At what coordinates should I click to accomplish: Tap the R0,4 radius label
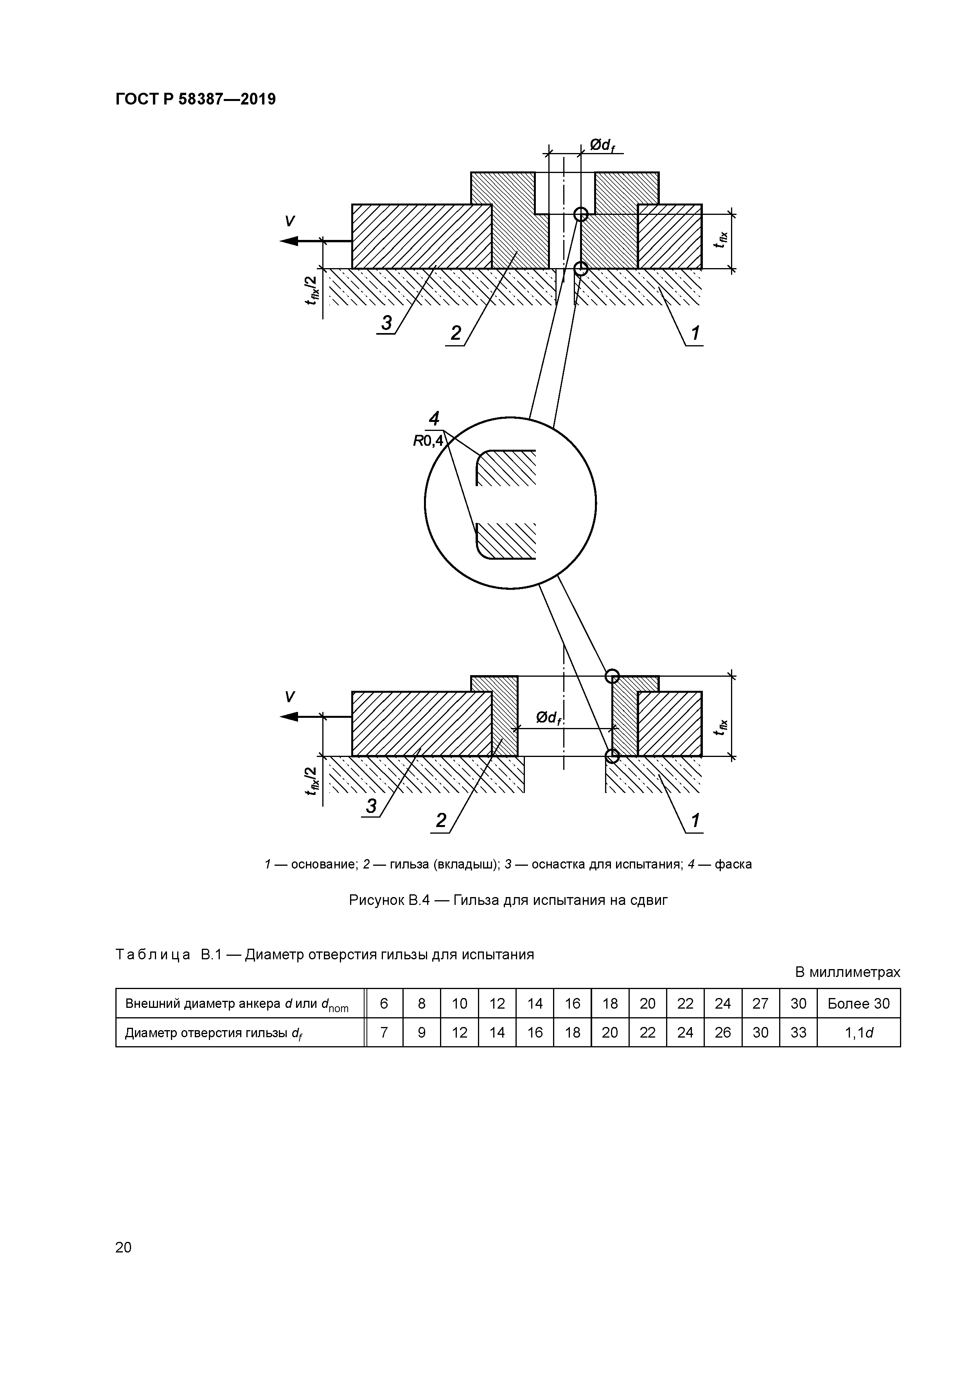[428, 441]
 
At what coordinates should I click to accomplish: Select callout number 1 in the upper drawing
[695, 333]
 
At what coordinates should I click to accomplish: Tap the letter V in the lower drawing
[289, 697]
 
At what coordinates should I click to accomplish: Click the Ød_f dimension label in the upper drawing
[602, 145]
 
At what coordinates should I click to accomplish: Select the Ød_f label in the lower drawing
[549, 717]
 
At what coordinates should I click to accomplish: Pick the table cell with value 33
[798, 1033]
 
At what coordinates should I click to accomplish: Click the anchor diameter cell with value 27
[760, 1004]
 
